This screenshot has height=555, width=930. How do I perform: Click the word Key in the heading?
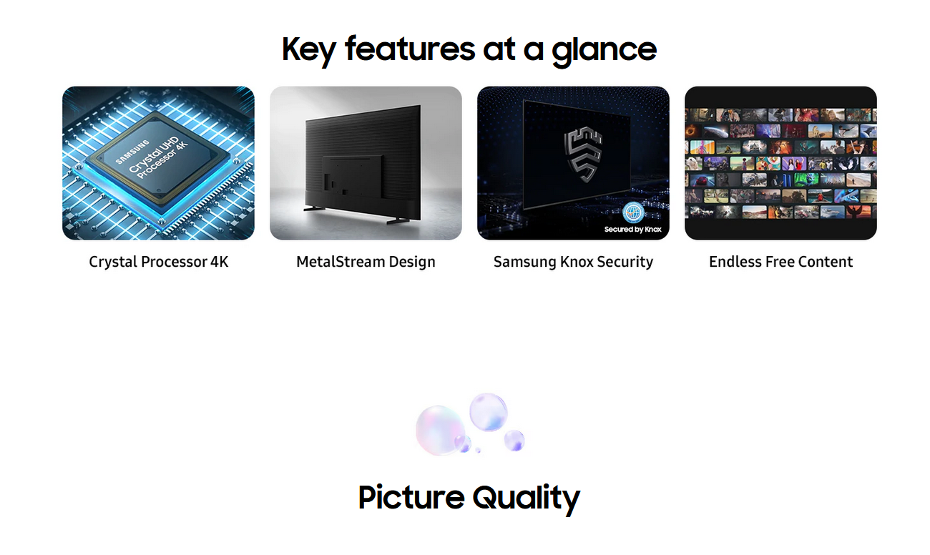(308, 50)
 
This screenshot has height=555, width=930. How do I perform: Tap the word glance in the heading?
(604, 50)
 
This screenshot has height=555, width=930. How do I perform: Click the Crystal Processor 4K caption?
(159, 262)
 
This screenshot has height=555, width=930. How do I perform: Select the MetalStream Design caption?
(366, 262)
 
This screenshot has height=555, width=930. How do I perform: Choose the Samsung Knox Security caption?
(573, 262)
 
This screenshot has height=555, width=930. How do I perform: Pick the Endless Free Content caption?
(780, 262)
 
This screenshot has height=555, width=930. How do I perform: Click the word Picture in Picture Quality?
(411, 497)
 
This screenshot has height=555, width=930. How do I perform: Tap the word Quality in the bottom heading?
(526, 499)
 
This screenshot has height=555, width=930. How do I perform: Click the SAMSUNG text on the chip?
(132, 152)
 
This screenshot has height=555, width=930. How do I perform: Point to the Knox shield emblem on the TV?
(583, 154)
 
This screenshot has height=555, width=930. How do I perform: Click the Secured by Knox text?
(632, 229)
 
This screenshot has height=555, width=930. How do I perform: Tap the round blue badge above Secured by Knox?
(633, 212)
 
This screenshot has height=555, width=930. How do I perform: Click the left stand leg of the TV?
(315, 208)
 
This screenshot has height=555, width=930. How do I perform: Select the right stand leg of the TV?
(398, 221)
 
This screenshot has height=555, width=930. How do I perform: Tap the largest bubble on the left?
(440, 431)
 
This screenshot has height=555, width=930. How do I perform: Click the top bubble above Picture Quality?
(488, 412)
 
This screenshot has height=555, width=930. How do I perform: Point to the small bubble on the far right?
(514, 441)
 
